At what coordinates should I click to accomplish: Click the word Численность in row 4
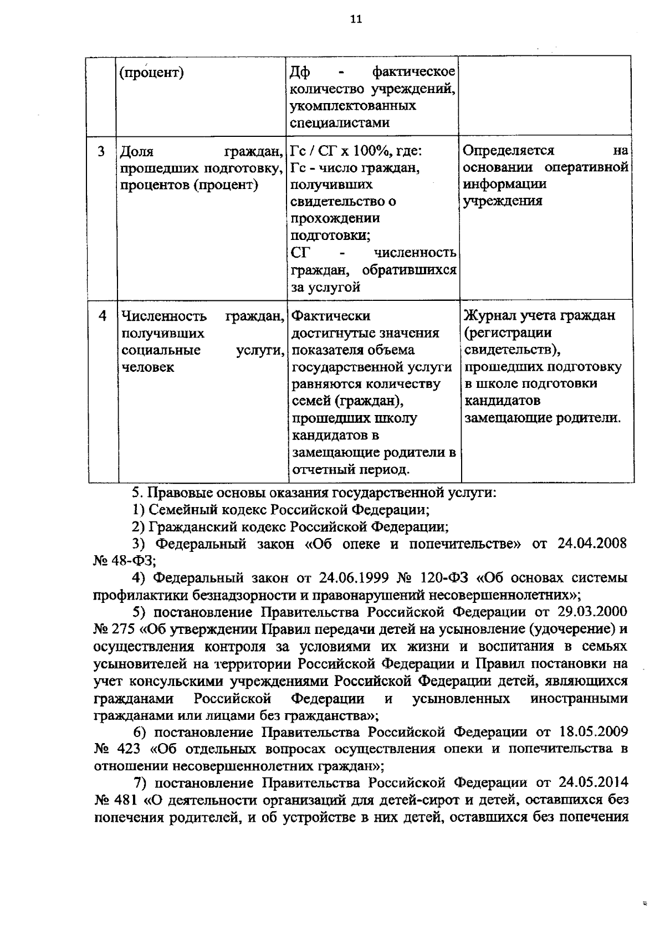tap(163, 316)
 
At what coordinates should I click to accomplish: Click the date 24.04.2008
tap(592, 544)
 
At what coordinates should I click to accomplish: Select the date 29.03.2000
tap(593, 612)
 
